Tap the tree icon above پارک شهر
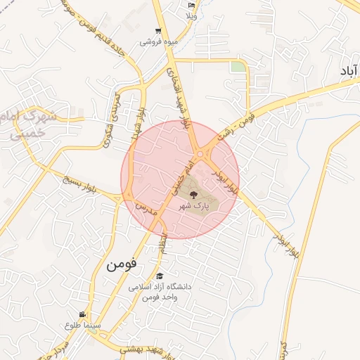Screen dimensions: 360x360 point(192,195)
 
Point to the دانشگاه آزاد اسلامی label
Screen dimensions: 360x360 point(160,288)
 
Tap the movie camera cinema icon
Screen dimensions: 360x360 point(82,314)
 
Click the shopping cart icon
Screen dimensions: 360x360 point(158,31)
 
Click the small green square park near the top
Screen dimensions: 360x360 point(239,67)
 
